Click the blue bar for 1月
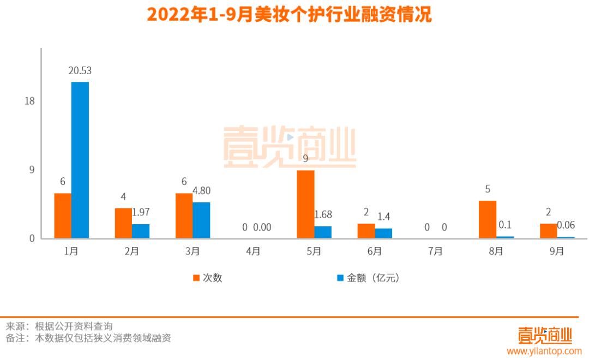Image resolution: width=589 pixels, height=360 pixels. point(80,160)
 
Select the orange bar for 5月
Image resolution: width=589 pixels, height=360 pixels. point(305,204)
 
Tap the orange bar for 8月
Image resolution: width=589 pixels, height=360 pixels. point(487,219)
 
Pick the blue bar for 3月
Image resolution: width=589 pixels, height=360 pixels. point(201,220)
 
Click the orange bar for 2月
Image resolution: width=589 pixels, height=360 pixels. point(123,223)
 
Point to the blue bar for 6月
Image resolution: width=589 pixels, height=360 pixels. point(383,233)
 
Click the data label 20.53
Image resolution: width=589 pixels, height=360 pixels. point(80,70)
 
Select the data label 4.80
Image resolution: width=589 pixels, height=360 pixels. point(201,191)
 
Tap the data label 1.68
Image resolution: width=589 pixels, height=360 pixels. point(323,214)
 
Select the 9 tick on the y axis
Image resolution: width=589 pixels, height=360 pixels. point(32,170)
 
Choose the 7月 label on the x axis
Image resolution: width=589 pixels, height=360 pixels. point(435,251)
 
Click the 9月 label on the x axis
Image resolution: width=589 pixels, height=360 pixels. point(557,251)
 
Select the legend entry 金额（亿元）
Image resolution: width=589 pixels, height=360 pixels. point(373,278)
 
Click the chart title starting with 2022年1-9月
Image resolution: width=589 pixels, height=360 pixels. point(289,15)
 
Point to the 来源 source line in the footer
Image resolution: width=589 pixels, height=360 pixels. point(59,326)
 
